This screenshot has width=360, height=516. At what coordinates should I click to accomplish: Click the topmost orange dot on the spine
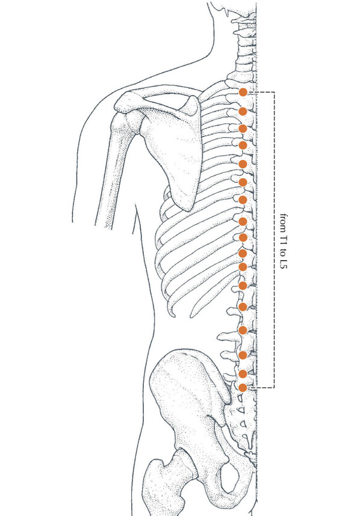[243, 93]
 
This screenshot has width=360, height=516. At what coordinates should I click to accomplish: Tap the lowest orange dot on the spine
[243, 388]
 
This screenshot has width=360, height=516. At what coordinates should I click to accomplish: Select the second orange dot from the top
[243, 111]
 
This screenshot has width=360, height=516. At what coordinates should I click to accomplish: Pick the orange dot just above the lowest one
[243, 374]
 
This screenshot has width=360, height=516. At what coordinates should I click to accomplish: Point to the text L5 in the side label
[283, 263]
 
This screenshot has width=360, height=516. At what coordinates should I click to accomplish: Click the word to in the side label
[283, 252]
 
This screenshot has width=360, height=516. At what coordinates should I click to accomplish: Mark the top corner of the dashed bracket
[274, 92]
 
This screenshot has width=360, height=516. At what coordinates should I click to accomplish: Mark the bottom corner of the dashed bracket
[274, 388]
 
